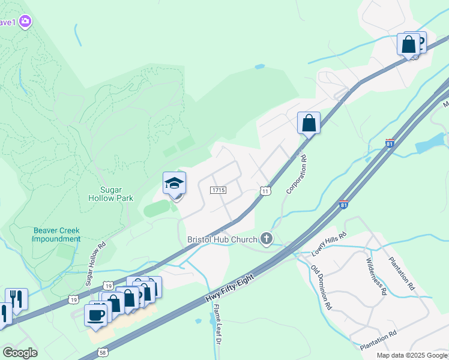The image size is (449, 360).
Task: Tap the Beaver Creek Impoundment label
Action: [x=57, y=234]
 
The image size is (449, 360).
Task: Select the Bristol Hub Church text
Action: [x=223, y=239]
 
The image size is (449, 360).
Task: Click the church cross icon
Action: [x=267, y=239]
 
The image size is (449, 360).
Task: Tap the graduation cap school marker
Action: [x=174, y=183]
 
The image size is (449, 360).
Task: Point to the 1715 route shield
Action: [x=218, y=190]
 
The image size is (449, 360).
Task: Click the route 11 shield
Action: [x=265, y=190]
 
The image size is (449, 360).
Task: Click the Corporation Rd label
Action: [x=297, y=173]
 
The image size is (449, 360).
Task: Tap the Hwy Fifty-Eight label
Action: [x=230, y=289]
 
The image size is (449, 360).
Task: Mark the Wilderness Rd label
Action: [x=376, y=276]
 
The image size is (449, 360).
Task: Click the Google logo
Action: [x=20, y=353]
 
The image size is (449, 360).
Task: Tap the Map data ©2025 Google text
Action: [x=412, y=355]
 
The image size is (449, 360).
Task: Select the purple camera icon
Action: [x=25, y=22]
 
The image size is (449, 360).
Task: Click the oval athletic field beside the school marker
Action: [x=157, y=208]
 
